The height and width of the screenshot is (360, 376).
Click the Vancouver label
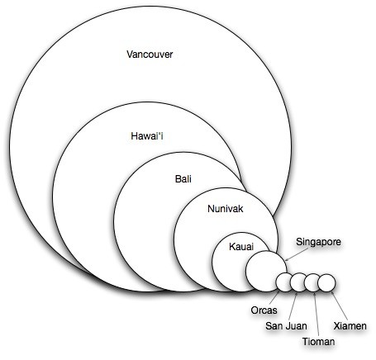tap(150, 54)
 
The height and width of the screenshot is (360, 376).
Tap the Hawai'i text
tap(147, 136)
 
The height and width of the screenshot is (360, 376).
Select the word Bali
tap(183, 179)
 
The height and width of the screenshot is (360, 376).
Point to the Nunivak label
tap(226, 209)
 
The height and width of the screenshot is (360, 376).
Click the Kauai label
tap(241, 247)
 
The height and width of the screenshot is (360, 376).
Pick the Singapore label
tap(318, 242)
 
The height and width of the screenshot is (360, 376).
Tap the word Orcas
tap(264, 310)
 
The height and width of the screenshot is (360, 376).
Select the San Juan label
tap(286, 326)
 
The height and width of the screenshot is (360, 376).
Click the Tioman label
tap(319, 342)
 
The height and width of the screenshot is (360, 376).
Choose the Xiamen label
tap(350, 326)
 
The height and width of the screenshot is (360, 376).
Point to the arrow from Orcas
tap(275, 297)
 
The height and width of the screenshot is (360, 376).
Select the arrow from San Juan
tap(293, 306)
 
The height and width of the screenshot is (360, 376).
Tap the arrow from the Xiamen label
tap(339, 306)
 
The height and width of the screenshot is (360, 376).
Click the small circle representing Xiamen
tap(326, 282)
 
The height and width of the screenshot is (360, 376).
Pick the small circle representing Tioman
tap(312, 282)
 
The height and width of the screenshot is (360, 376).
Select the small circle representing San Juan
tap(298, 282)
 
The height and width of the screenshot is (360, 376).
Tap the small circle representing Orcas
tap(284, 282)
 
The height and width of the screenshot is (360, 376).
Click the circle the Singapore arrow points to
tap(266, 271)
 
